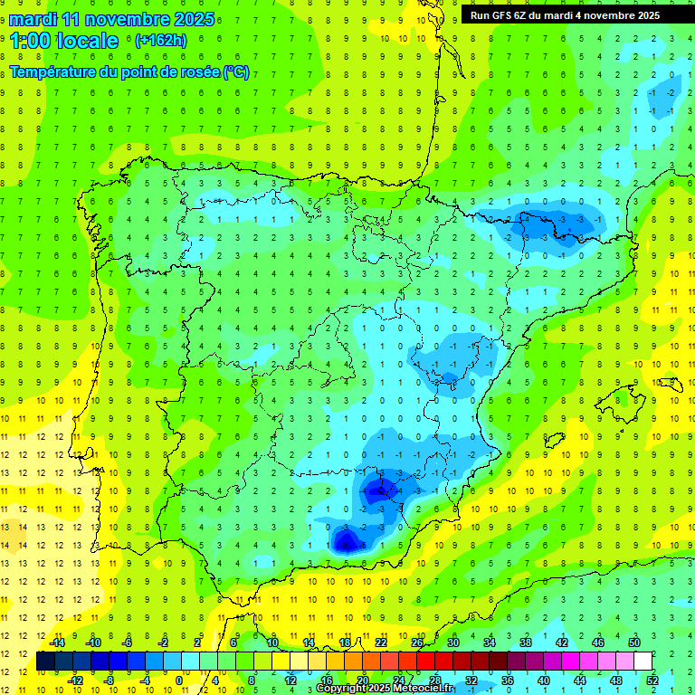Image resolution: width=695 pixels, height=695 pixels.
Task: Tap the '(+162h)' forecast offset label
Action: click(160, 41)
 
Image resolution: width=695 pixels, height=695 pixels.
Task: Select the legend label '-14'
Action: click(56, 643)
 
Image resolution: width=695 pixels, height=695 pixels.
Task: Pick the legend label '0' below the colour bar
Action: click(178, 681)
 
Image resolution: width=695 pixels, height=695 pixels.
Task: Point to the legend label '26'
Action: click(417, 643)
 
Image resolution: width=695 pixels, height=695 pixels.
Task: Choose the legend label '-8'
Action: click(109, 681)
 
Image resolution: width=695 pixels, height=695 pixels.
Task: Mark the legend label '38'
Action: click(526, 643)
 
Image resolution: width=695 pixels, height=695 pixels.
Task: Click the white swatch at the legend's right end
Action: click(643, 662)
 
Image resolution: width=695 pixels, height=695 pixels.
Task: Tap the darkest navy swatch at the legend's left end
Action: click(45, 662)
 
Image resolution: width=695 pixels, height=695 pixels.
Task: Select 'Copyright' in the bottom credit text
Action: click(345, 689)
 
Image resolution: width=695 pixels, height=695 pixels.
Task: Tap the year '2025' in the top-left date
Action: click(193, 19)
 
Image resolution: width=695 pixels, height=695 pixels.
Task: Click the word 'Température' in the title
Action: click(53, 71)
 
